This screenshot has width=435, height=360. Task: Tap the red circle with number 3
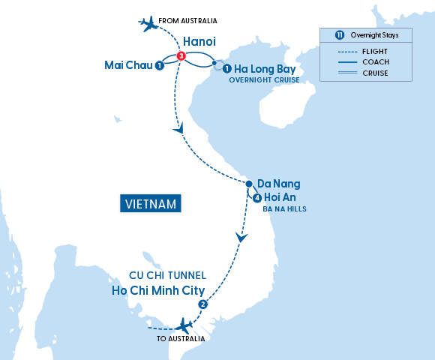click(181, 56)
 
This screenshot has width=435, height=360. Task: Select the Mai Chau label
click(129, 66)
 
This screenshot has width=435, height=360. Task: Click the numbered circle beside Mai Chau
click(160, 66)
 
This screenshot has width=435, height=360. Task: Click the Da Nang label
click(277, 183)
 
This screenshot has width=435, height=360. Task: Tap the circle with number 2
click(202, 304)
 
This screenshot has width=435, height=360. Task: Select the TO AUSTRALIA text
click(180, 339)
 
